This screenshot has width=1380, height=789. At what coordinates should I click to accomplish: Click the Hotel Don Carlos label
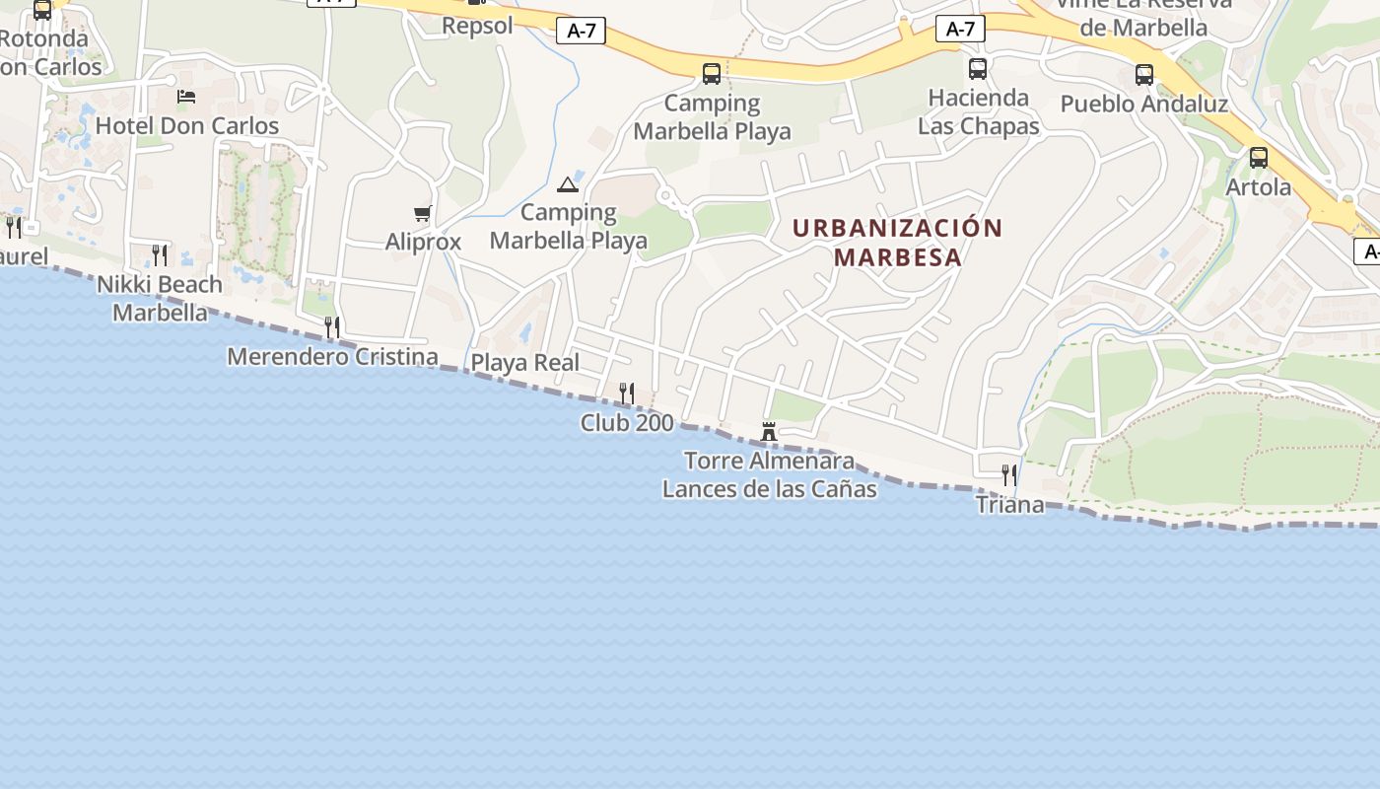[187, 126]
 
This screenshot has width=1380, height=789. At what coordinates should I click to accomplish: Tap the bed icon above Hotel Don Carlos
[186, 96]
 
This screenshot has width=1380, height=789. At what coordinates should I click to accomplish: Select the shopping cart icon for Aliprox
[423, 213]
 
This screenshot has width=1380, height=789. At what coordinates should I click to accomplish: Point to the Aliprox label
[423, 242]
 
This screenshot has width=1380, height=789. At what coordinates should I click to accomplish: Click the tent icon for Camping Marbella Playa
[568, 184]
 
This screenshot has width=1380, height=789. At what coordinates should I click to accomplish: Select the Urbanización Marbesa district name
[897, 243]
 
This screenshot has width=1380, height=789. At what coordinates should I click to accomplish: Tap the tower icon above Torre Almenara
[769, 431]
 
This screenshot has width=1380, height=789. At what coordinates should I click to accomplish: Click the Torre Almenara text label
[769, 461]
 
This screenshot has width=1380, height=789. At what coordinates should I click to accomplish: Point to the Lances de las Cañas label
[769, 488]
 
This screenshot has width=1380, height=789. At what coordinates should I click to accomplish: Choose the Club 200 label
[627, 423]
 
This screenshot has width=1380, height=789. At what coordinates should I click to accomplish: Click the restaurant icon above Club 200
[627, 393]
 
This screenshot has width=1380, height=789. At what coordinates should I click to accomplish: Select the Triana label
[1009, 505]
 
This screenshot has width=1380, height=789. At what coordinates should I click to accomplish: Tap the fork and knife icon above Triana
[1009, 475]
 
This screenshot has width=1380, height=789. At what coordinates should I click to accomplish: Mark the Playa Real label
[525, 363]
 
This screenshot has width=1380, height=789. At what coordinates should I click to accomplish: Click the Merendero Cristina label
[332, 356]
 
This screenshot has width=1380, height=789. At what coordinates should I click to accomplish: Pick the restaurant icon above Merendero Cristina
[332, 326]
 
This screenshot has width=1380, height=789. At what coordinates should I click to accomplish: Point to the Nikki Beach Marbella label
[160, 299]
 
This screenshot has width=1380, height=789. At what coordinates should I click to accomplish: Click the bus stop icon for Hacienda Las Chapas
[978, 69]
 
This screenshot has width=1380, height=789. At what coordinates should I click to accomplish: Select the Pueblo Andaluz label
[1143, 105]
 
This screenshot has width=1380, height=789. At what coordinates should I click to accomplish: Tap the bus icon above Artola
[1259, 158]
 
